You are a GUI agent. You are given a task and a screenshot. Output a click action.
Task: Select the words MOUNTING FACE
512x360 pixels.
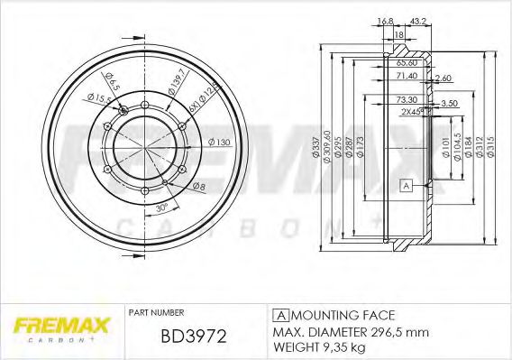tap(343, 314)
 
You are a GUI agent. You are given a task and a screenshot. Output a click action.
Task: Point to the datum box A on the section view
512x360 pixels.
tap(406, 187)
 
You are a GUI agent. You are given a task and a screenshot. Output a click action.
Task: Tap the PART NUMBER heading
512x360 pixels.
tap(157, 313)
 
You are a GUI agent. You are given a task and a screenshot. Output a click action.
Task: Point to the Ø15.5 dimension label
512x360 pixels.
tap(97, 97)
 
